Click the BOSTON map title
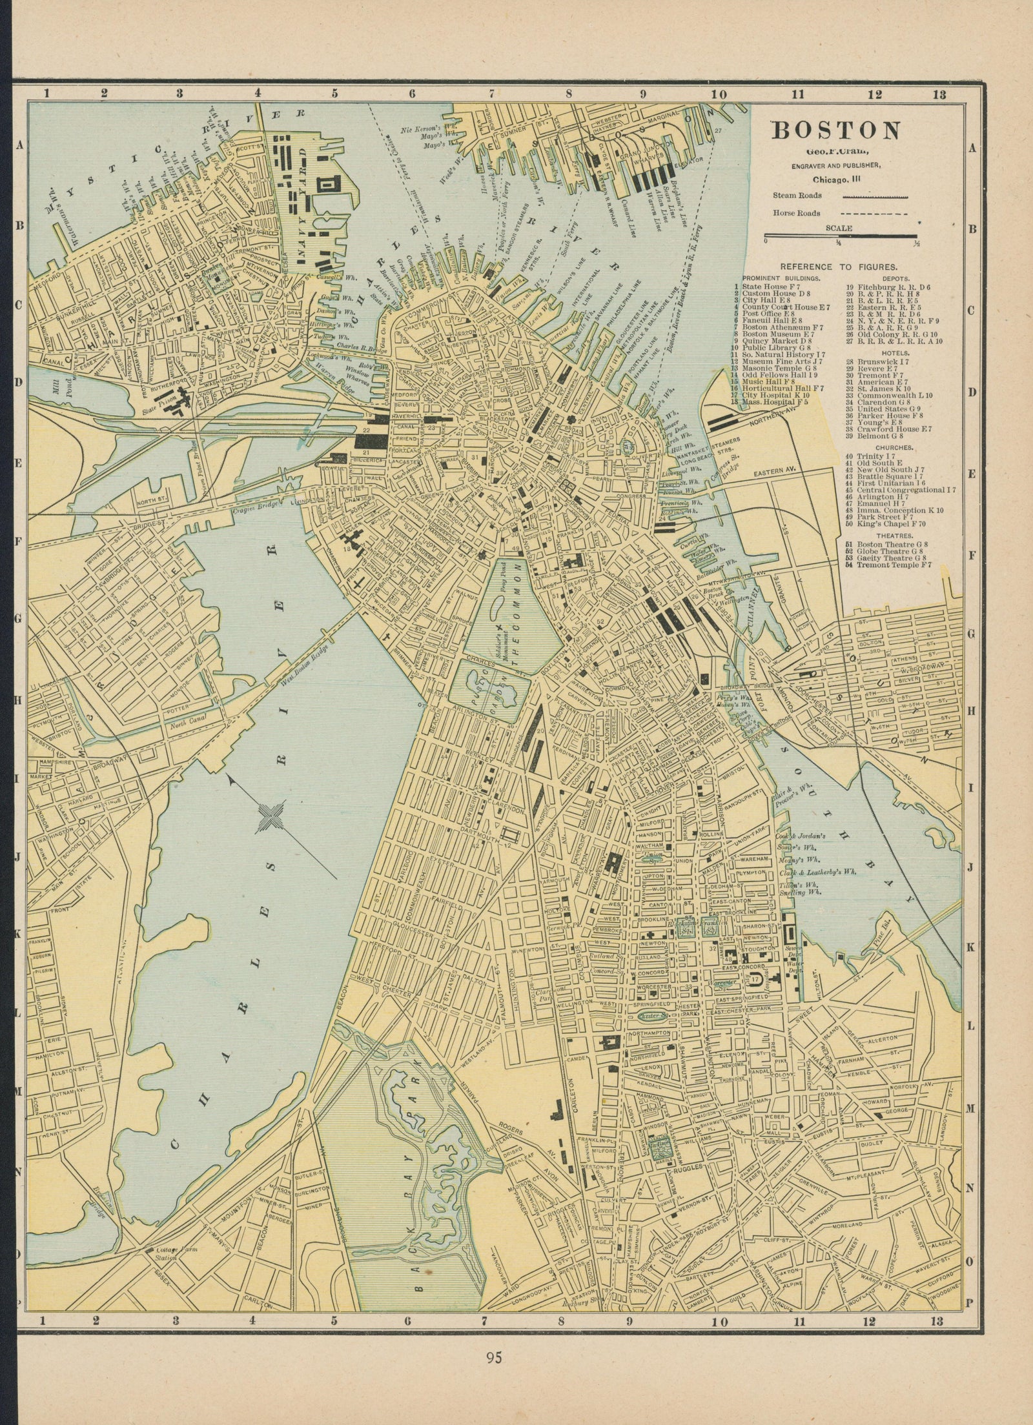point(836,131)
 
